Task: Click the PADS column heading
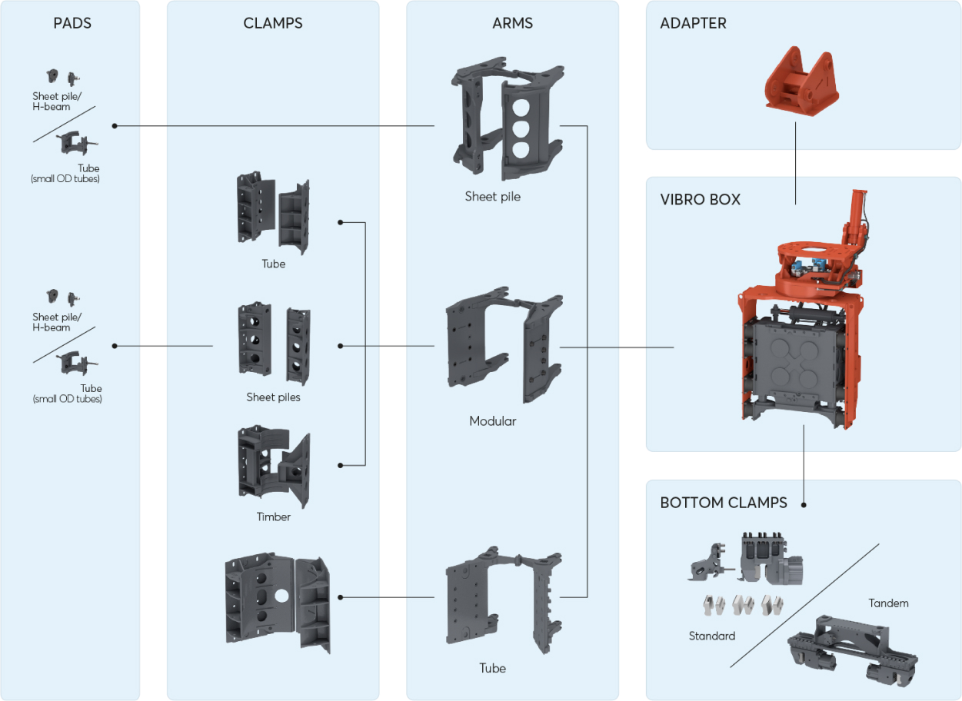72,23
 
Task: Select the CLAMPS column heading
272,23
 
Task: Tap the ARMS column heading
512,23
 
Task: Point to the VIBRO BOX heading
700,199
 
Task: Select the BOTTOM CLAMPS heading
723,503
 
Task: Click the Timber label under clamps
273,517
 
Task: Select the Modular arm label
492,421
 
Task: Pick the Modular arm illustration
504,346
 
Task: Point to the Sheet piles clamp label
273,397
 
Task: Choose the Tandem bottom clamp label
888,603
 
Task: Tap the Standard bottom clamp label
711,636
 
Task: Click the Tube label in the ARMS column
492,668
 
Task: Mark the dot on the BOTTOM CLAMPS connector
804,505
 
